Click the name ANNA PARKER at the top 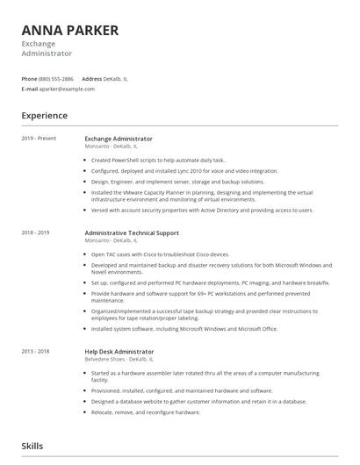tap(69, 31)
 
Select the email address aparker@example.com tap(67, 89)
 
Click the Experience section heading tap(45, 115)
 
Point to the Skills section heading tap(32, 446)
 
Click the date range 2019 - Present tap(39, 139)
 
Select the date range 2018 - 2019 tap(36, 232)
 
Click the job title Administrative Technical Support tap(132, 232)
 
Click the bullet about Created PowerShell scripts tap(158, 161)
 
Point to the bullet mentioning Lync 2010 tap(184, 171)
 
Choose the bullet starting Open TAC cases tap(160, 254)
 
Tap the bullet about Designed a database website tap(198, 401)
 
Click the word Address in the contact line tap(91, 78)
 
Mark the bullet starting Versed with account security tap(202, 211)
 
